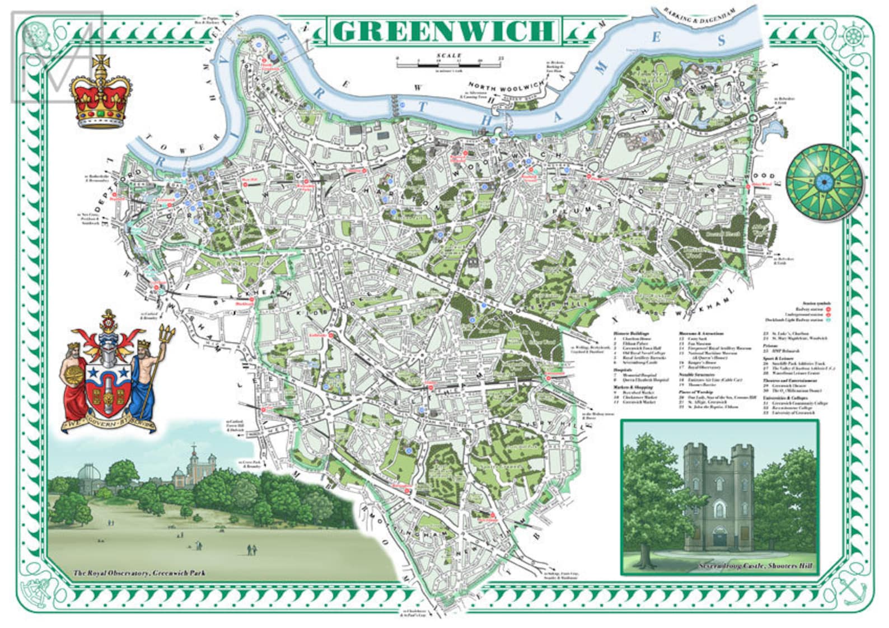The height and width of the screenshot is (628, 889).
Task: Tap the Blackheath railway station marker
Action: click(252, 299)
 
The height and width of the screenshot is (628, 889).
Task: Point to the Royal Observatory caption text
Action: click(139, 573)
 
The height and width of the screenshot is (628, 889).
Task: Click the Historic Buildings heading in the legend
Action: click(630, 333)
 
